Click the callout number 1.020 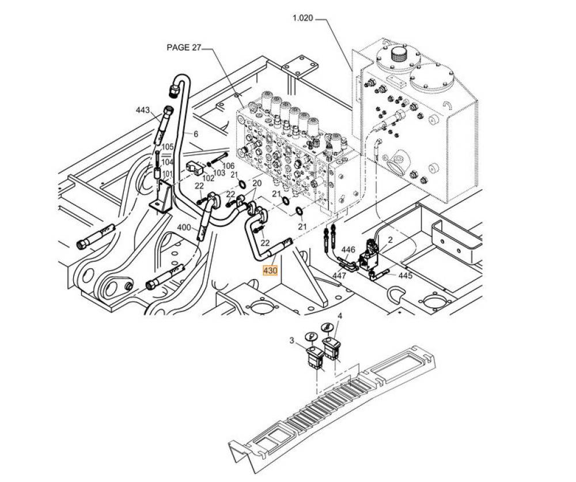(x=302, y=18)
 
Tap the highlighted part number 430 (x=270, y=270)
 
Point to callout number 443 (x=143, y=110)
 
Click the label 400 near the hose (x=183, y=227)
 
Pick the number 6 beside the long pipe (x=195, y=134)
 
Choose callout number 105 (x=167, y=147)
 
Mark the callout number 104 (x=167, y=163)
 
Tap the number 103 (x=219, y=173)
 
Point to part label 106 (x=229, y=165)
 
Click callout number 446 (x=348, y=250)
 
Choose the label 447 (x=339, y=276)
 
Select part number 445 (x=405, y=276)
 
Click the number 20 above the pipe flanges (x=257, y=183)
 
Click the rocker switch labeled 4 (x=332, y=348)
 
